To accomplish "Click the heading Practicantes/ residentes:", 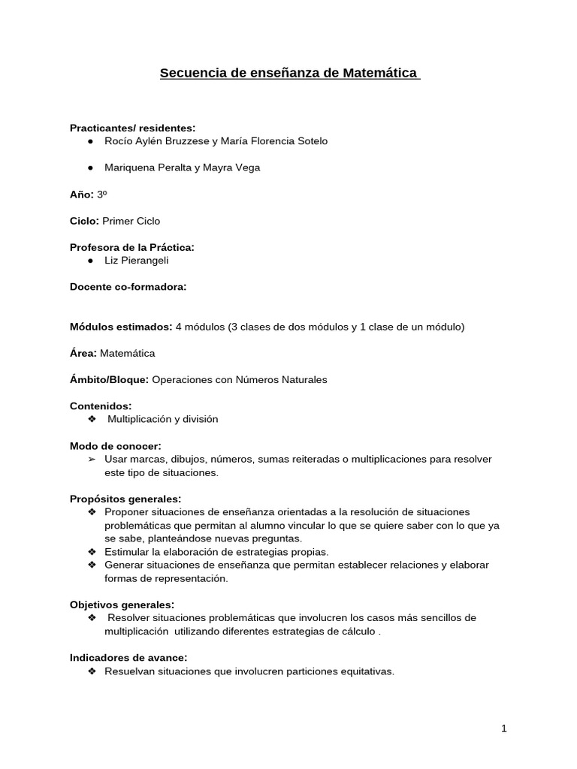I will coord(132,128).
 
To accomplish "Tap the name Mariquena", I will coord(129,167).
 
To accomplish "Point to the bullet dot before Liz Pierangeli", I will coord(90,260).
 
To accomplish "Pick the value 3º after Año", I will coord(102,195).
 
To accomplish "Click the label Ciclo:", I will coord(84,221).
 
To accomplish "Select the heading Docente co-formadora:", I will coord(128,287).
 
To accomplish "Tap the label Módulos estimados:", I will coord(121,327).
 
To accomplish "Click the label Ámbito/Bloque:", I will coord(110,380).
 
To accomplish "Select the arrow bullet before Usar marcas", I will coord(92,459).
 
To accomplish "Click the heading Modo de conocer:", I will coord(116,446).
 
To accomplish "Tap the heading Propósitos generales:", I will coord(125,499).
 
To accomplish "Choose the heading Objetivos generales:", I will coord(122,605).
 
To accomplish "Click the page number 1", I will coord(504,728).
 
